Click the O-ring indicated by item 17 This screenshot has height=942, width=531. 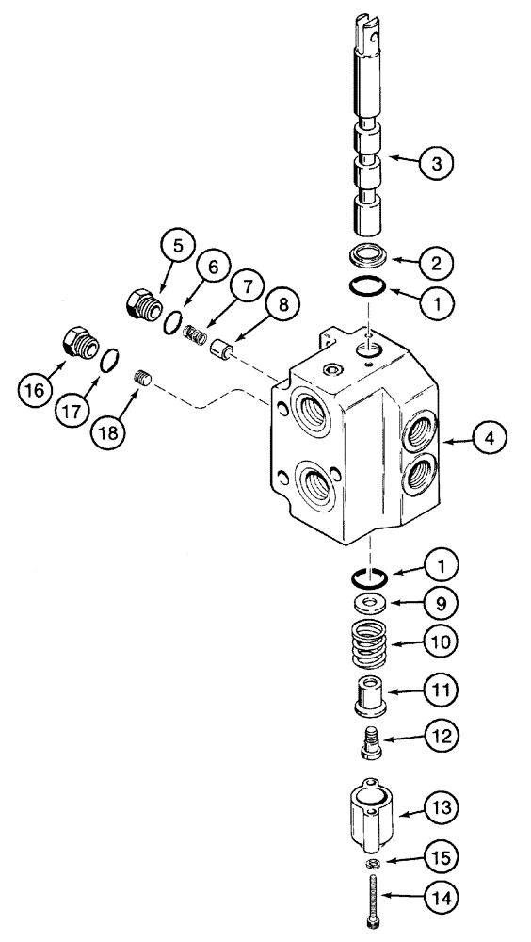point(110,359)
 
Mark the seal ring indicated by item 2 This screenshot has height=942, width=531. point(371,255)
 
